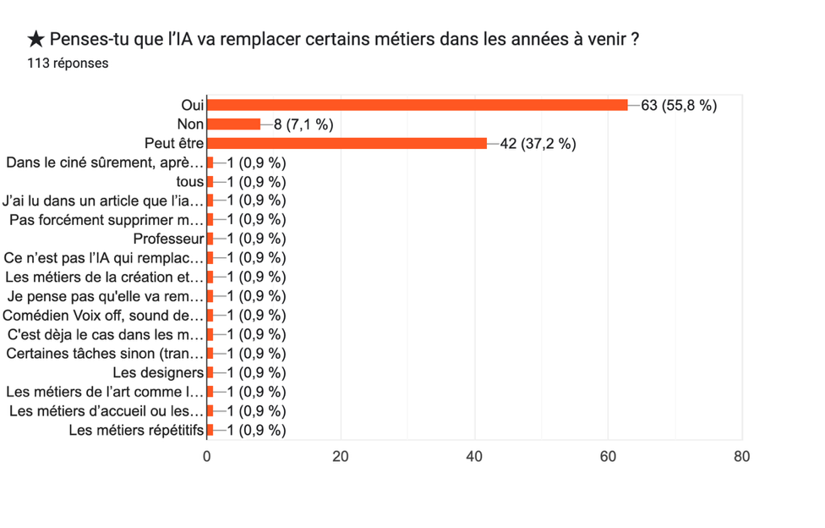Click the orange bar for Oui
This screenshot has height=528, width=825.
418,105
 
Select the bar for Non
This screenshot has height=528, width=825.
233,124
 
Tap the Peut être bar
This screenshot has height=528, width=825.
347,143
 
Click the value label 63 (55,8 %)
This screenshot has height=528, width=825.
679,105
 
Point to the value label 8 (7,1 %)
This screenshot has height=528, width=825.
303,124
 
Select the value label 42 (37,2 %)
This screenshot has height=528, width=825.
538,143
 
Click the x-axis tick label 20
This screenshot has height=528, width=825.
341,456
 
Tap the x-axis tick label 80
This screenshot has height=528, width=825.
741,456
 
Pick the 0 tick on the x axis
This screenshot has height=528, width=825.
207,456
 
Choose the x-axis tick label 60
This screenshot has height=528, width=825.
608,456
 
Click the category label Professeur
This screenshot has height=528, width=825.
168,239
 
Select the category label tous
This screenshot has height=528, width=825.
190,182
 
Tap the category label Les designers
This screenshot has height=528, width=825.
158,372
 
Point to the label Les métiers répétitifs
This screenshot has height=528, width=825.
136,430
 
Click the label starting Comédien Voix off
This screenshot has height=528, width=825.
104,316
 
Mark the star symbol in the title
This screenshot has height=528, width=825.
36,39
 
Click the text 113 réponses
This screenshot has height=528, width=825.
68,63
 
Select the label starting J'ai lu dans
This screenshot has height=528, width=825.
103,201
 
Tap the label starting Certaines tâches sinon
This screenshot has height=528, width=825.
105,354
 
